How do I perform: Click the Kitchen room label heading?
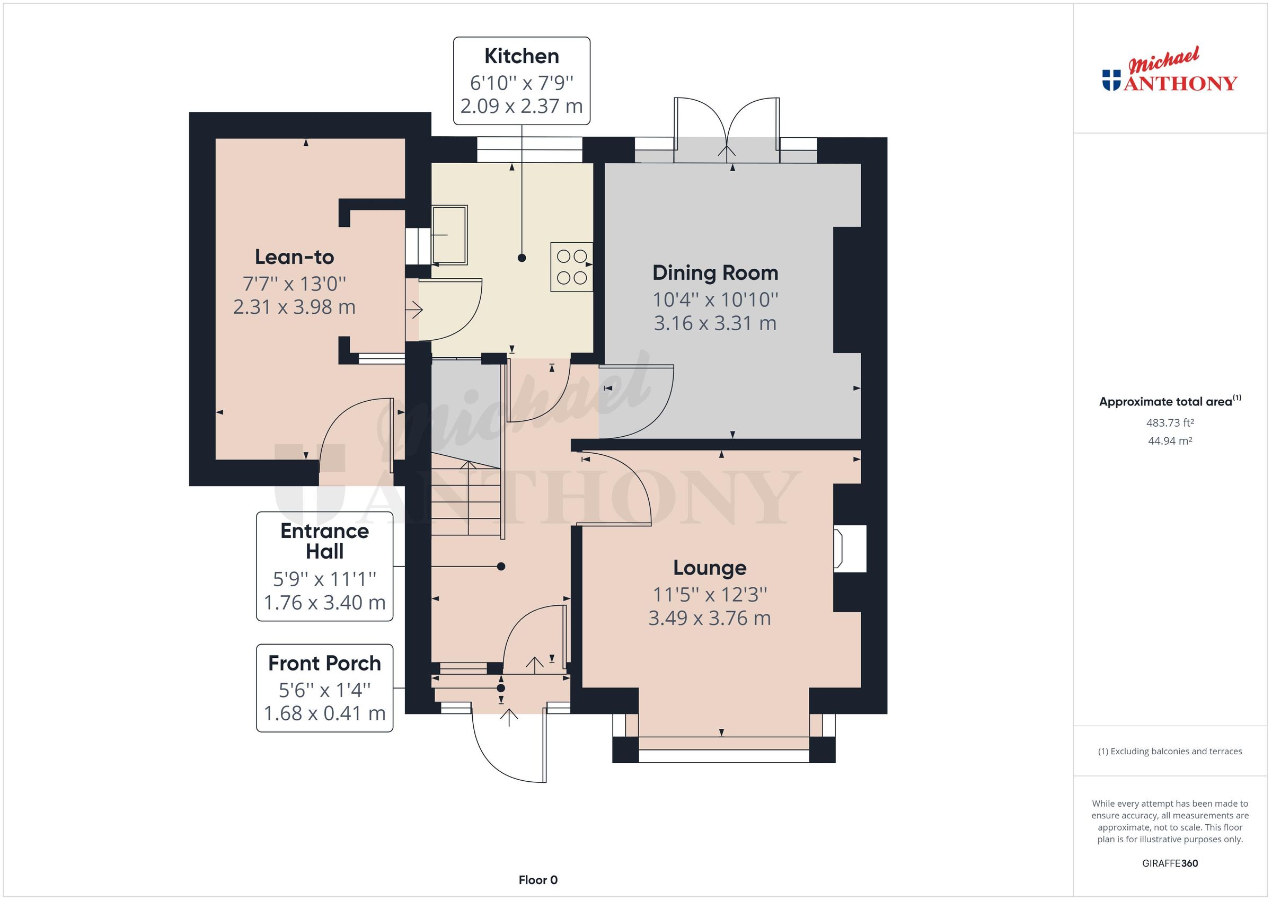pyautogui.click(x=522, y=57)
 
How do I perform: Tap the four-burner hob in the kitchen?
pyautogui.click(x=572, y=267)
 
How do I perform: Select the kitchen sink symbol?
pyautogui.click(x=449, y=234)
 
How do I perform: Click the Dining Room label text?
pyautogui.click(x=714, y=273)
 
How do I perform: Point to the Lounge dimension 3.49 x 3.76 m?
pyautogui.click(x=709, y=618)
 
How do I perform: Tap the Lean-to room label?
pyautogui.click(x=294, y=257)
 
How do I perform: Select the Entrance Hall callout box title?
pyautogui.click(x=325, y=541)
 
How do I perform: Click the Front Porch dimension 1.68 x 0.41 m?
pyautogui.click(x=325, y=713)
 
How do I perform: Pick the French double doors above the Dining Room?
pyautogui.click(x=727, y=130)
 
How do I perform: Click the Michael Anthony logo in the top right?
pyautogui.click(x=1169, y=72)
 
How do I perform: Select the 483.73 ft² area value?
pyautogui.click(x=1170, y=423)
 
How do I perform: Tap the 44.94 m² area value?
pyautogui.click(x=1170, y=441)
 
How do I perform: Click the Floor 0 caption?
pyautogui.click(x=538, y=880)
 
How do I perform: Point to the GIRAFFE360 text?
pyautogui.click(x=1170, y=863)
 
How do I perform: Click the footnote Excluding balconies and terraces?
pyautogui.click(x=1170, y=752)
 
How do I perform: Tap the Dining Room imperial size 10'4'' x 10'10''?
pyautogui.click(x=714, y=300)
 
